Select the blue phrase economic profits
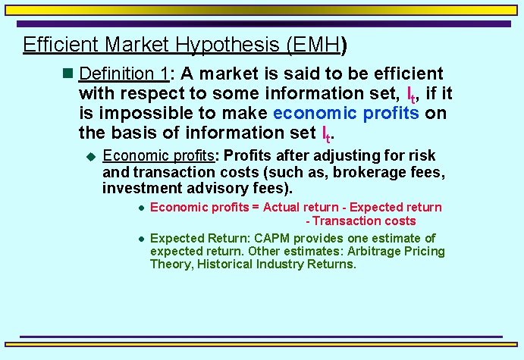click(x=346, y=113)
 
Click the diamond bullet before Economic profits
click(x=91, y=156)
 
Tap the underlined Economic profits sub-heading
click(x=158, y=155)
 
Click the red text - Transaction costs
click(x=361, y=221)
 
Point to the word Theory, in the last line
click(x=169, y=264)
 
